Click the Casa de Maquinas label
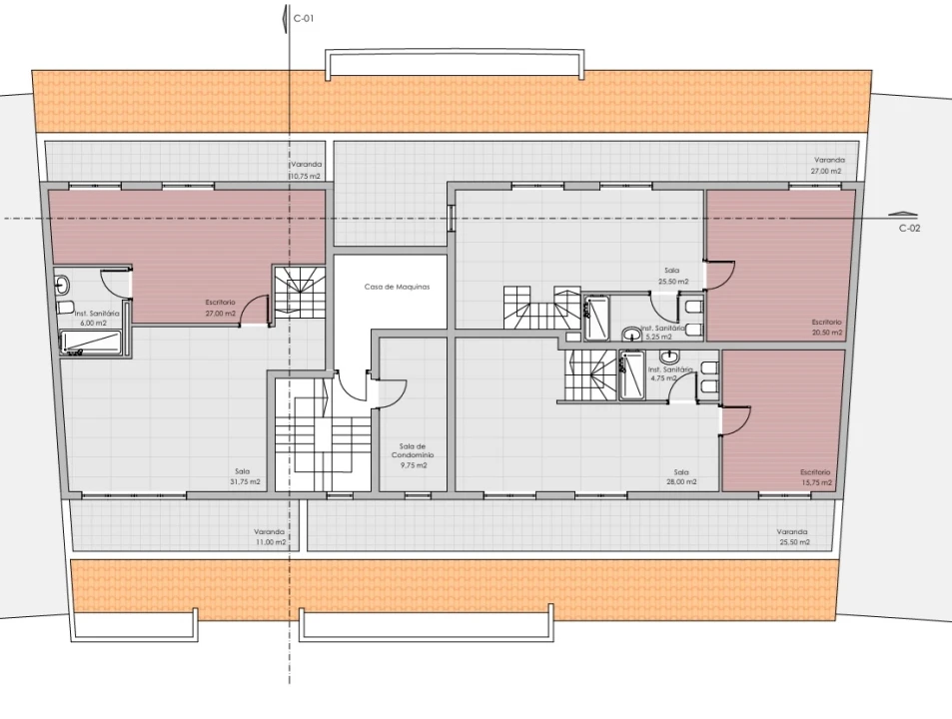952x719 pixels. (x=397, y=287)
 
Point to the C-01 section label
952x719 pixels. (x=304, y=18)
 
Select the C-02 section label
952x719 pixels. (x=909, y=228)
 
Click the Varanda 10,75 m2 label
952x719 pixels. (x=306, y=170)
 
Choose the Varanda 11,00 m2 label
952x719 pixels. (x=269, y=537)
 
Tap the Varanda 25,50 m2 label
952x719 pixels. (x=793, y=537)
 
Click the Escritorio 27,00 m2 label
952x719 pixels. (x=220, y=308)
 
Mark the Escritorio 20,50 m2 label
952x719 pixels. (x=827, y=327)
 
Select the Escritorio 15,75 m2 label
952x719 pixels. (x=815, y=477)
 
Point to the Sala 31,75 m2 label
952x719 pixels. (x=243, y=476)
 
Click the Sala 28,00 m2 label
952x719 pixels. (x=680, y=477)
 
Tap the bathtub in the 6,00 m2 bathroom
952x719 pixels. (x=91, y=343)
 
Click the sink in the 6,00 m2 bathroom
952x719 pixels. (x=62, y=284)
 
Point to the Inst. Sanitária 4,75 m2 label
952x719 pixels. (x=669, y=373)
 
